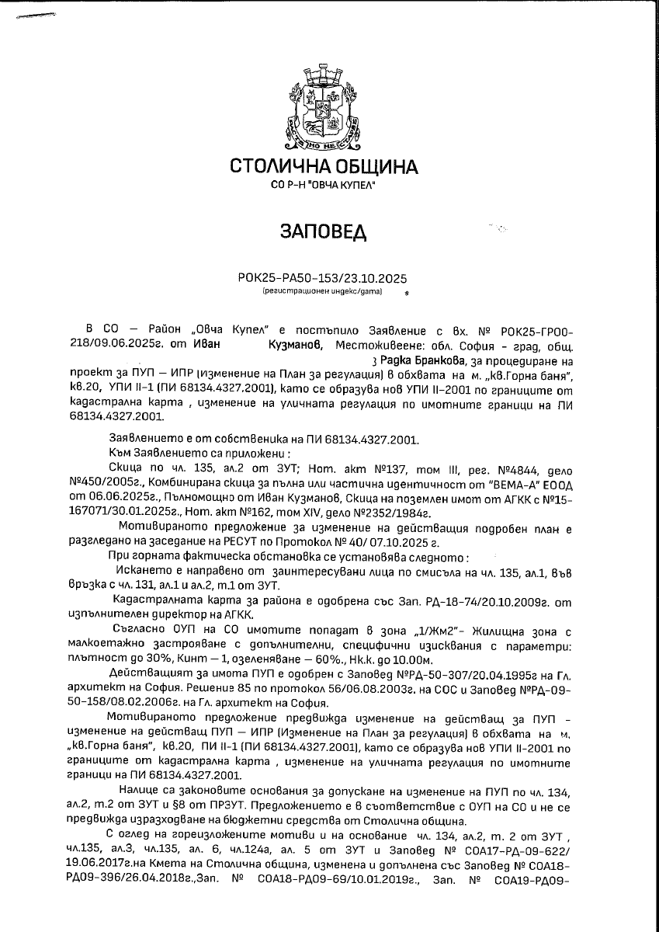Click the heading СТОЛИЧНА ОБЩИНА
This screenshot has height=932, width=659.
click(324, 167)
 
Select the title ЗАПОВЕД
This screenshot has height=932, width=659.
click(321, 232)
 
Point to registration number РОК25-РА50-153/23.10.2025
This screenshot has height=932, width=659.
click(321, 279)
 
